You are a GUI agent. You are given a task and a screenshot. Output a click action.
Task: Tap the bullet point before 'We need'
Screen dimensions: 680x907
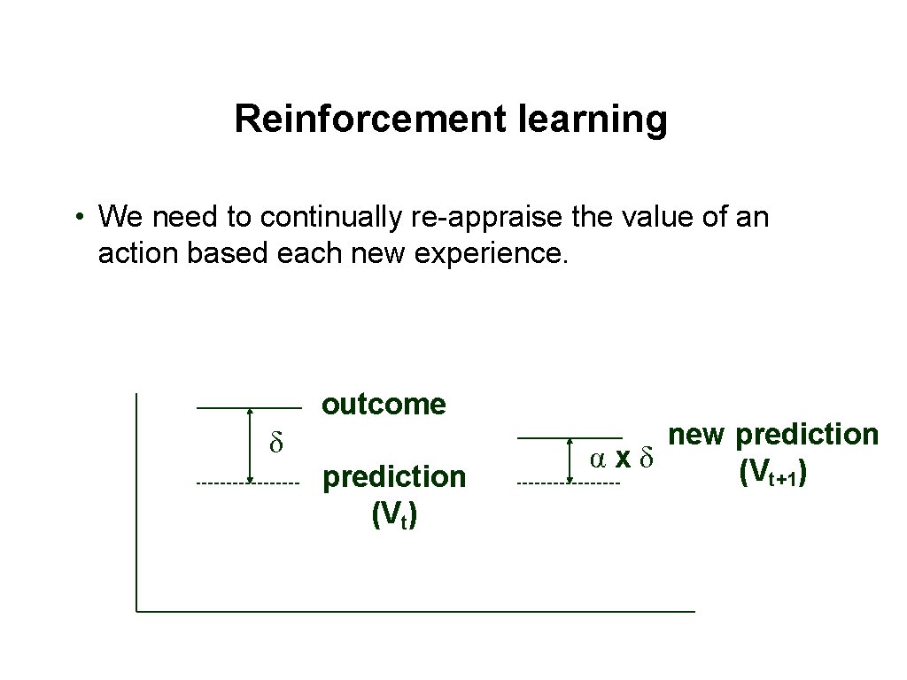80,217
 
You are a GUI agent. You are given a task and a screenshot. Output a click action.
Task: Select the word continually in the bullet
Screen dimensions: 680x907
334,216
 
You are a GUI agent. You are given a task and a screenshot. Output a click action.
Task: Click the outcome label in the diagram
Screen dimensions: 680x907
384,405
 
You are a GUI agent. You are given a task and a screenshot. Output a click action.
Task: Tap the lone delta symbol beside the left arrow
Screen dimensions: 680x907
275,443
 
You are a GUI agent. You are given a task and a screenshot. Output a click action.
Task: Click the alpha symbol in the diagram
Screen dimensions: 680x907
599,458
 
